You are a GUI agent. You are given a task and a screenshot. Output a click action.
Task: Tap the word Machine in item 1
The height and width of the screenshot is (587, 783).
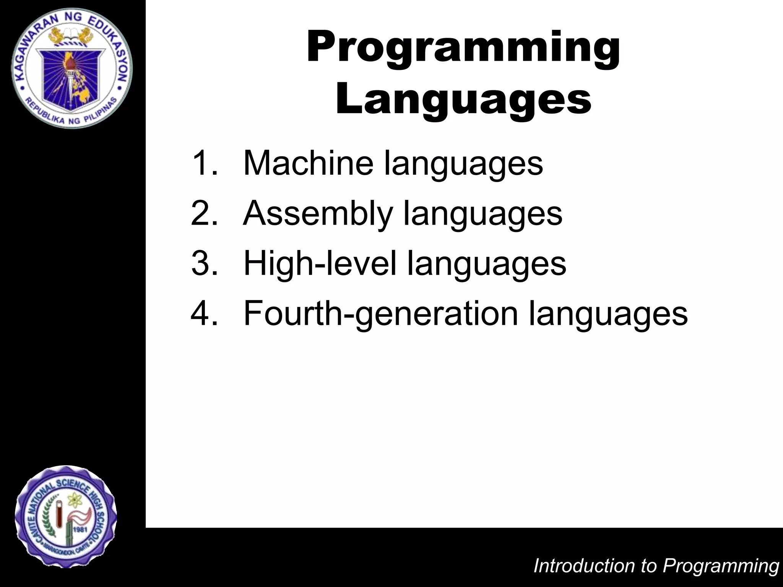pyautogui.click(x=308, y=163)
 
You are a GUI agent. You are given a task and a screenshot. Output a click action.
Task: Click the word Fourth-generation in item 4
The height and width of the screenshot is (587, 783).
pyautogui.click(x=380, y=313)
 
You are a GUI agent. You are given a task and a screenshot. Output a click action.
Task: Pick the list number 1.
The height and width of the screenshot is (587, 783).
pyautogui.click(x=204, y=163)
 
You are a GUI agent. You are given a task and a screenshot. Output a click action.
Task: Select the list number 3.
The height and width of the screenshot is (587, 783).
pyautogui.click(x=204, y=263)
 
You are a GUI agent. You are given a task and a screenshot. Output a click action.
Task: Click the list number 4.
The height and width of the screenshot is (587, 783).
pyautogui.click(x=204, y=313)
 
